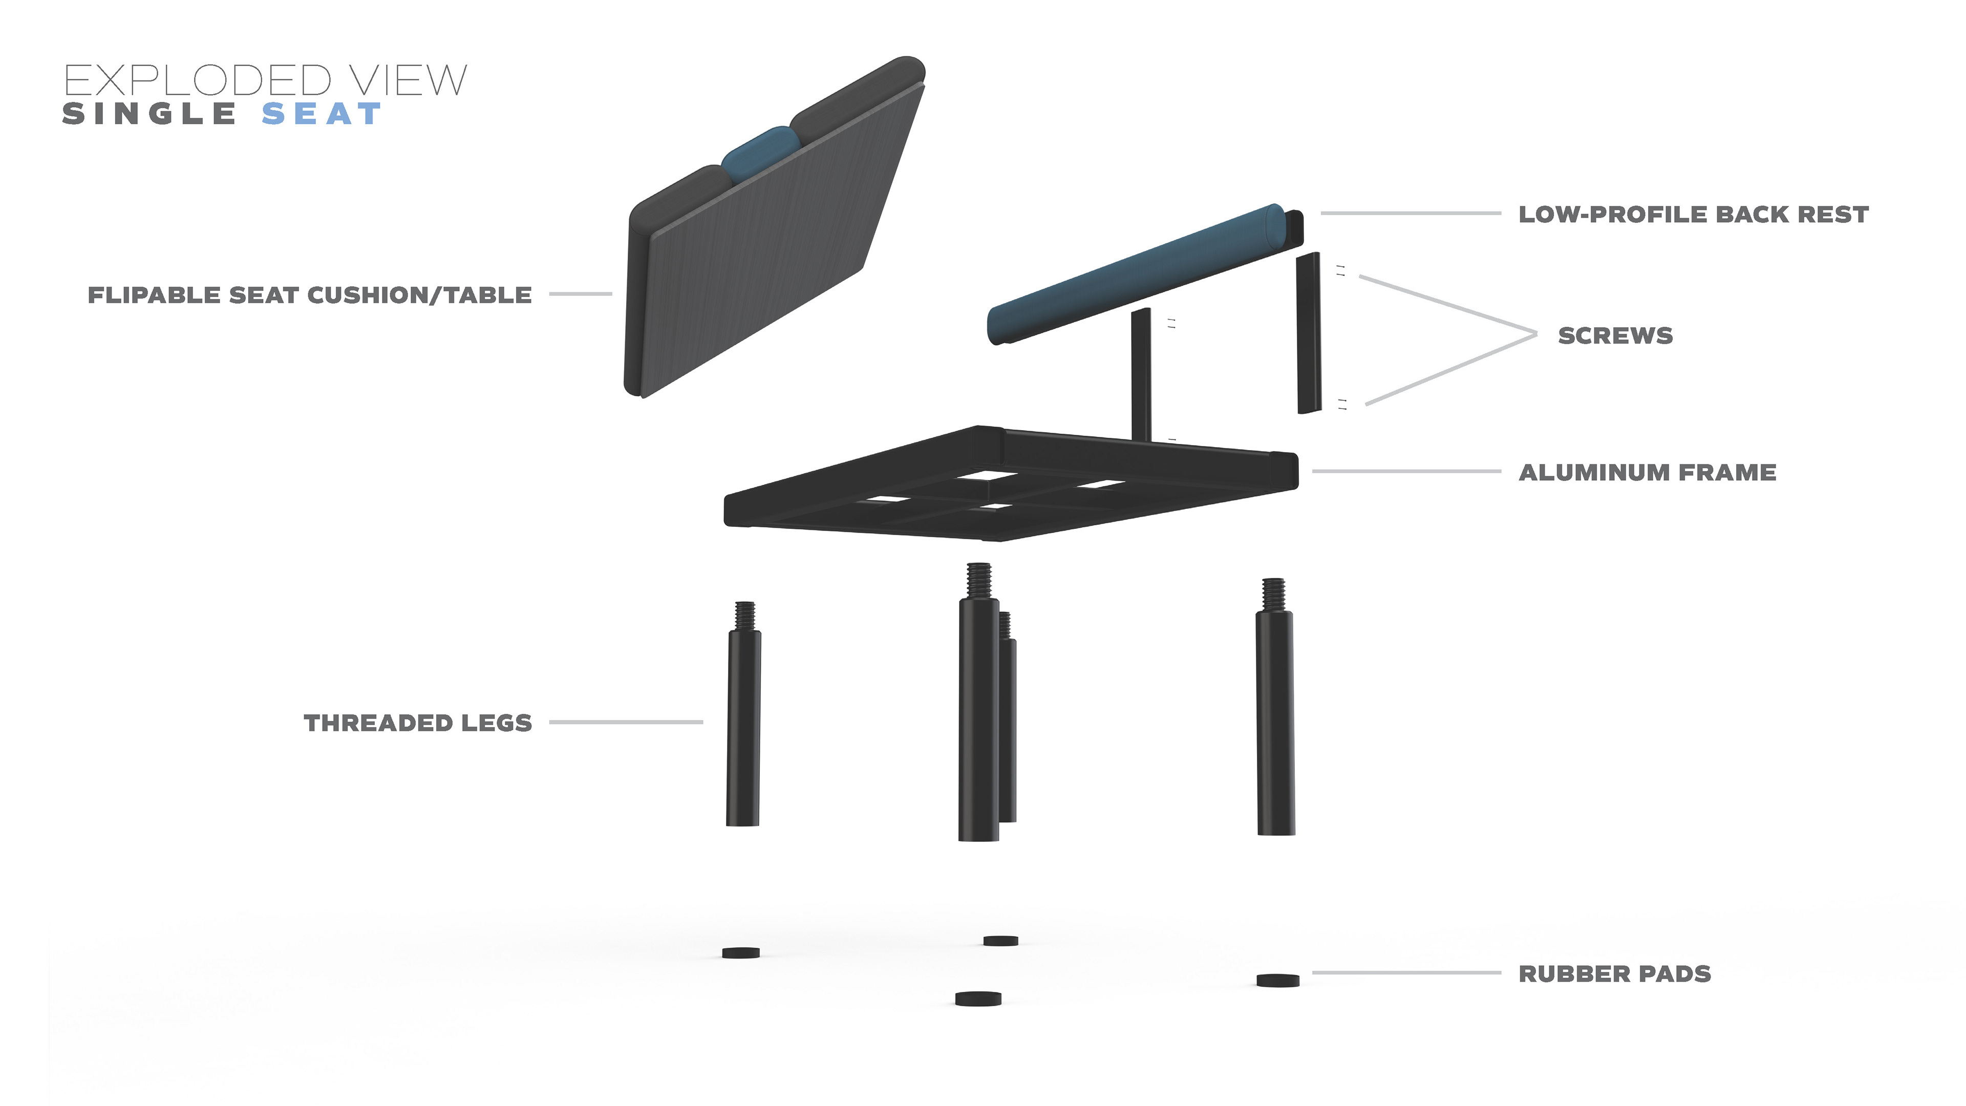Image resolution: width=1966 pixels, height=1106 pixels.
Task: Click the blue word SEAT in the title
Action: click(x=322, y=115)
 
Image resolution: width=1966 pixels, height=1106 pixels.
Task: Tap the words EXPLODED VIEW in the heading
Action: click(x=265, y=80)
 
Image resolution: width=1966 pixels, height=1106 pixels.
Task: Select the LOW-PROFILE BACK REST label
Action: click(x=1693, y=215)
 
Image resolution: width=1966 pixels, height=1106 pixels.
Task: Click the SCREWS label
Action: click(x=1615, y=336)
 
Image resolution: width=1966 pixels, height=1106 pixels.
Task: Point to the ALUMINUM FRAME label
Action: click(x=1647, y=473)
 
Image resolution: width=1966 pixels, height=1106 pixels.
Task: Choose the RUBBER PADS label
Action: click(x=1614, y=974)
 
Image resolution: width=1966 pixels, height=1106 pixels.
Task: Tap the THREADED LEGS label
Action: click(x=417, y=723)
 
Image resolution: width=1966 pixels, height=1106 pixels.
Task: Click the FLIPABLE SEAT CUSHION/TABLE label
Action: click(x=309, y=295)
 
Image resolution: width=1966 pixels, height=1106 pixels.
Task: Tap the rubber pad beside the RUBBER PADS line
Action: click(x=1277, y=980)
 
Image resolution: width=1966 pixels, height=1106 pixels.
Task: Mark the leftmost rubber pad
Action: click(x=740, y=952)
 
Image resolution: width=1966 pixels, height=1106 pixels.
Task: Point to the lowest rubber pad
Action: click(x=978, y=998)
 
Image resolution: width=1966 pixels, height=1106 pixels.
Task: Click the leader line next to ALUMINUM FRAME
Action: click(x=1406, y=472)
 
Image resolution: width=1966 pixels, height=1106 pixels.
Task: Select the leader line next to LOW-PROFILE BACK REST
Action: click(x=1411, y=214)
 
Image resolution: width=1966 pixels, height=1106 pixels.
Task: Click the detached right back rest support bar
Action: click(x=1309, y=333)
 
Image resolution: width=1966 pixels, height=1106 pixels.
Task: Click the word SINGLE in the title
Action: click(x=149, y=115)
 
